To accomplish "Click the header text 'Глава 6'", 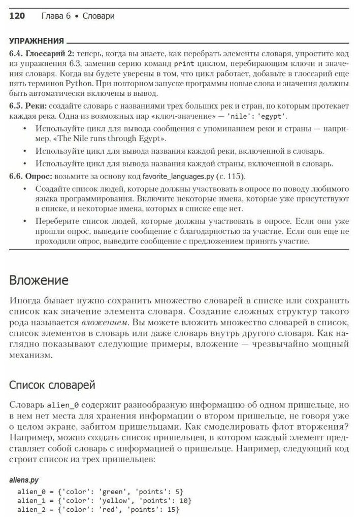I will pos(56,16).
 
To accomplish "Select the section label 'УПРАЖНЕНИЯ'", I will pos(37,41).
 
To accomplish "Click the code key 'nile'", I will pos(234,116).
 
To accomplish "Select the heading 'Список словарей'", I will pos(52,385).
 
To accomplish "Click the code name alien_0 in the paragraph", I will pos(62,405).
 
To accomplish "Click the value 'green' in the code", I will pos(112,492).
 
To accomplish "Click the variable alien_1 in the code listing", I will pos(31,500).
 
